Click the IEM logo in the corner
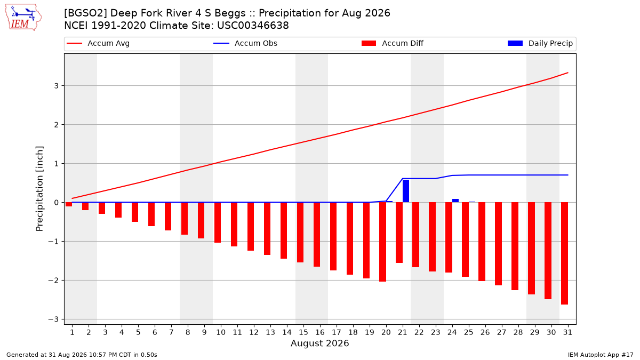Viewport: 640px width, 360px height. [x=23, y=18]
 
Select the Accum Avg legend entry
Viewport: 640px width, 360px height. [x=98, y=43]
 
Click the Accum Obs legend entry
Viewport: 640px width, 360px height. [x=245, y=43]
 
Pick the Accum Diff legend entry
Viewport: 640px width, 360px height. [x=393, y=43]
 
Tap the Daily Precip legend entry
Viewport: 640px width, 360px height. [x=540, y=43]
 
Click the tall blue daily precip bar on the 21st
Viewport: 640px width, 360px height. [x=406, y=191]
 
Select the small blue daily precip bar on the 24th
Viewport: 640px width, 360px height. [x=455, y=201]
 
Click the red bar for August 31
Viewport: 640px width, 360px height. [x=565, y=253]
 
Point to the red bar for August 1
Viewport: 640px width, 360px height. [x=69, y=204]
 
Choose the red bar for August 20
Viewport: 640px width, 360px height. [x=382, y=242]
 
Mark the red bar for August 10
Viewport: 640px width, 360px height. [x=218, y=222]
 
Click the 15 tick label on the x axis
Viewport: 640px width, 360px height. [x=303, y=332]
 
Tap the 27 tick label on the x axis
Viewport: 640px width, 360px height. [x=502, y=332]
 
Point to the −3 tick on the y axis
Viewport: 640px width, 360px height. [x=53, y=319]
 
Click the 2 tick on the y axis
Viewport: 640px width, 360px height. [x=57, y=125]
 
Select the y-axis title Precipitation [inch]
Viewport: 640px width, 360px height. [x=39, y=189]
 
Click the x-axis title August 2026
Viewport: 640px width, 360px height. [x=319, y=343]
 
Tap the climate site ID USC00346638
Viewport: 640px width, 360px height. [x=253, y=26]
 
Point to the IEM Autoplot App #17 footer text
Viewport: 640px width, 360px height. [x=601, y=355]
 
